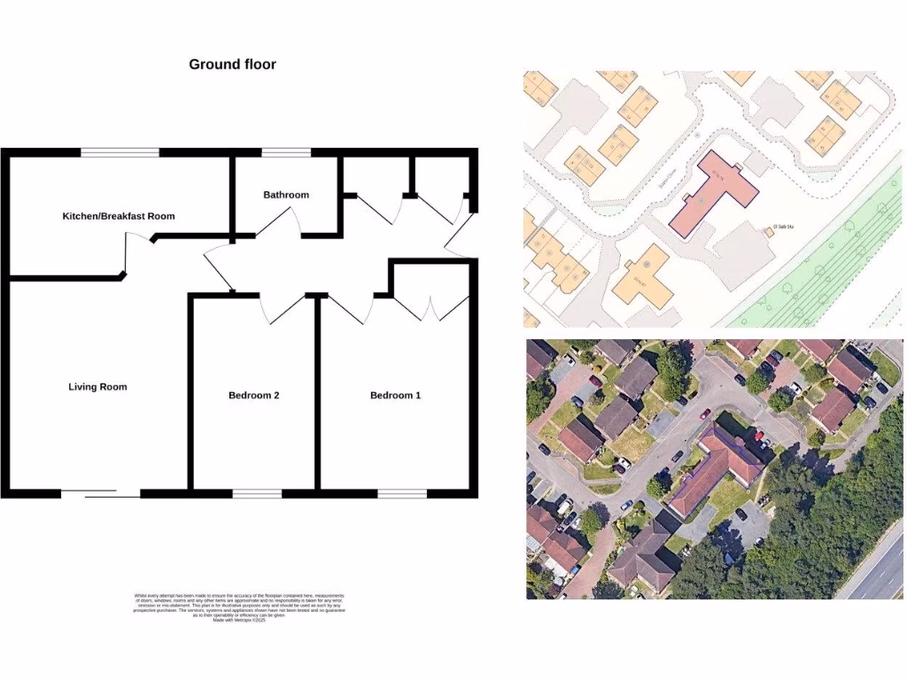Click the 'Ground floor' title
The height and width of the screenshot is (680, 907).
click(232, 65)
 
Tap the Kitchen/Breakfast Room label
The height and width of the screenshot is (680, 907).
click(119, 216)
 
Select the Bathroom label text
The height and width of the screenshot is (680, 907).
click(286, 195)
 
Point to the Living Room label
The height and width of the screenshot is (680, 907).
click(97, 387)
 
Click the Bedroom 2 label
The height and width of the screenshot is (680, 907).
click(253, 396)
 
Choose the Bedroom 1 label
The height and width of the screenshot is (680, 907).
click(395, 396)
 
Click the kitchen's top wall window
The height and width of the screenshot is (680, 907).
click(120, 152)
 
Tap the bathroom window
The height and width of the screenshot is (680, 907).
click(286, 152)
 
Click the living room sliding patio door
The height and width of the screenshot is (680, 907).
click(100, 493)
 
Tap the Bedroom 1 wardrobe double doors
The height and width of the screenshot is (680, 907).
click(430, 306)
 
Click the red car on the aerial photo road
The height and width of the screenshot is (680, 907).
click(705, 413)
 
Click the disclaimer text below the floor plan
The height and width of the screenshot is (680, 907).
click(239, 608)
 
